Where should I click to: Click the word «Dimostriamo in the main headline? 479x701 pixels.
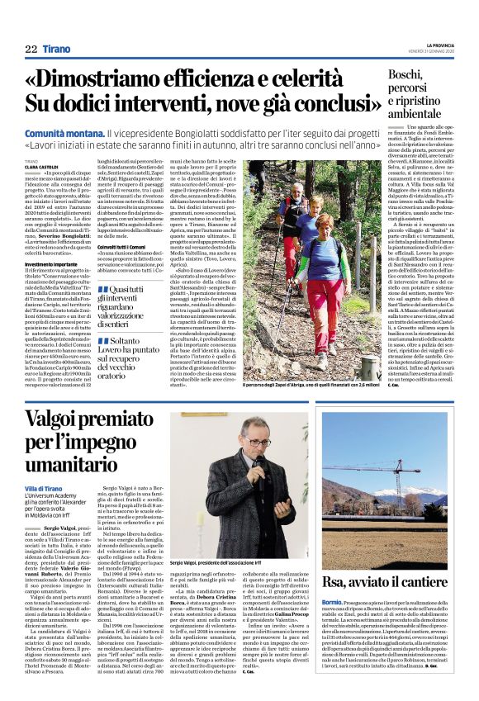(104, 78)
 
